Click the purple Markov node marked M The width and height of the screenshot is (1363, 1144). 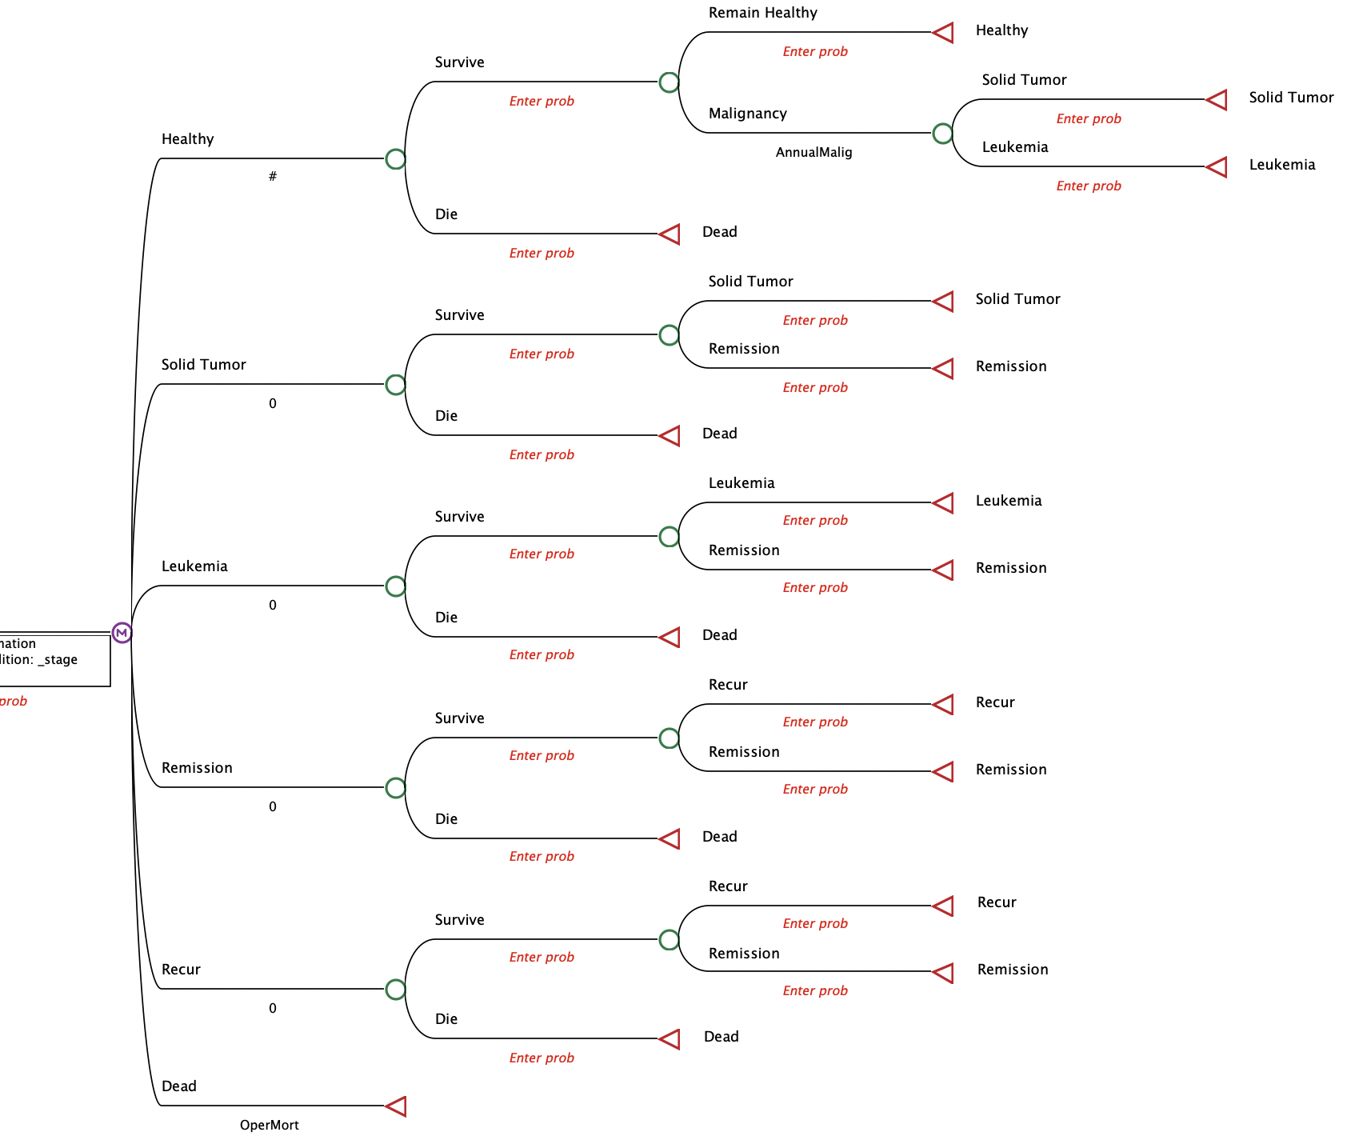[122, 633]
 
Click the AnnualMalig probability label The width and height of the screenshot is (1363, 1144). [813, 152]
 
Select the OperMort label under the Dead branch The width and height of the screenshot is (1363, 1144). [269, 1125]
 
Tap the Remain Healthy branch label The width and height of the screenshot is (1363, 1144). [762, 13]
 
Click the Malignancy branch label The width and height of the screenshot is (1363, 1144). [747, 114]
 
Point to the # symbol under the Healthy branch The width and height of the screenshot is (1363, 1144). [273, 176]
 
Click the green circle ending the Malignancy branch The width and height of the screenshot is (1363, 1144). [942, 133]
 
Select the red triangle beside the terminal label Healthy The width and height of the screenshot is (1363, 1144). [943, 32]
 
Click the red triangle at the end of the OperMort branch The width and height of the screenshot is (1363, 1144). [396, 1106]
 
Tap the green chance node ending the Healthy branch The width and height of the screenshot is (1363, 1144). [395, 158]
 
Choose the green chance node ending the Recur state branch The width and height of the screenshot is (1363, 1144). [395, 989]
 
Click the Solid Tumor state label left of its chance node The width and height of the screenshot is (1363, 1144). [203, 365]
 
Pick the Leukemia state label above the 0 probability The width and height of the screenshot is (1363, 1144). [194, 566]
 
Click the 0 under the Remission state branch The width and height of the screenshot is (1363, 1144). [273, 806]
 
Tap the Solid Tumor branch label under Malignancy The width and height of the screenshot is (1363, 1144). [1024, 80]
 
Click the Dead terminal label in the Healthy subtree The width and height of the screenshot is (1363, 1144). [719, 232]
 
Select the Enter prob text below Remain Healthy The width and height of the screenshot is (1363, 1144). [814, 51]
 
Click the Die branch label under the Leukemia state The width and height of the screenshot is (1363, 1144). [446, 618]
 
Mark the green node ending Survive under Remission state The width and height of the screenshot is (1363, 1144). [669, 738]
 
